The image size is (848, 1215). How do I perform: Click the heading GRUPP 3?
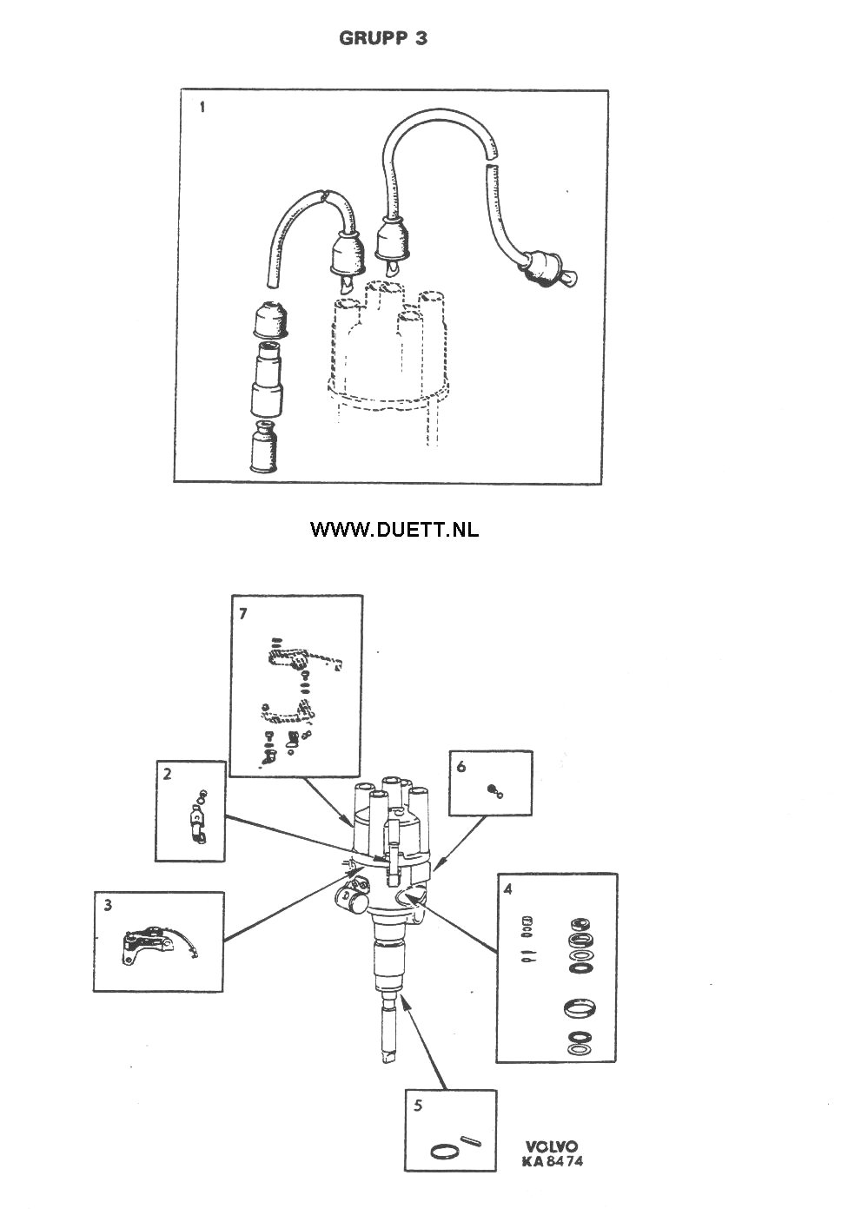(x=383, y=38)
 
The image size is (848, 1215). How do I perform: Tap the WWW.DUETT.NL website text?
(x=394, y=529)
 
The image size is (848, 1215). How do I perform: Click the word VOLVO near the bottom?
(x=551, y=1147)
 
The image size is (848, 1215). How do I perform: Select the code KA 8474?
(x=553, y=1162)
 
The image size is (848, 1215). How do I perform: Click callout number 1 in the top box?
(x=202, y=108)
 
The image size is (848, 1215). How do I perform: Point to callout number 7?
(x=243, y=613)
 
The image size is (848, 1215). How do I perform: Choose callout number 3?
(x=108, y=906)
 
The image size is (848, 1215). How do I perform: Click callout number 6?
(x=461, y=767)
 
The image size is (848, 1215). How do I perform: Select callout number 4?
(x=508, y=888)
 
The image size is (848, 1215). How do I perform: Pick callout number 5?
(x=418, y=1106)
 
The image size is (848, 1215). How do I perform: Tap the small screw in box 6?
(x=494, y=790)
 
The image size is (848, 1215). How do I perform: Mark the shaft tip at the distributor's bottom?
(x=388, y=1056)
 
